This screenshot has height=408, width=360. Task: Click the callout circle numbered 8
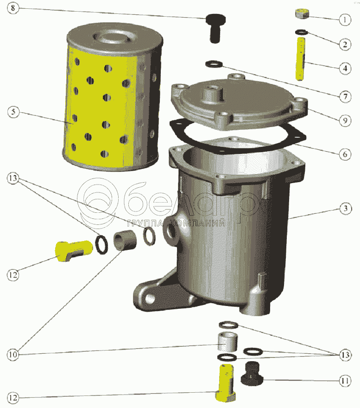click(x=13, y=8)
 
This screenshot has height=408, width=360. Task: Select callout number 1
click(x=345, y=19)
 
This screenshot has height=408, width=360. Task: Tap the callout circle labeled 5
click(x=13, y=112)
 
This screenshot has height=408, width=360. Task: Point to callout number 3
click(x=346, y=209)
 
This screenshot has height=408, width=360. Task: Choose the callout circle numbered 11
click(x=345, y=381)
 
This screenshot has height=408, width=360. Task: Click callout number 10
click(x=13, y=354)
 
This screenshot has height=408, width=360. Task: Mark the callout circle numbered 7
click(x=345, y=96)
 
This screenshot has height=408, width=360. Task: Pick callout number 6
click(x=345, y=154)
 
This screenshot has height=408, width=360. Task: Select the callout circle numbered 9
click(x=345, y=121)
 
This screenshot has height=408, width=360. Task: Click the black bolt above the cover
click(x=215, y=28)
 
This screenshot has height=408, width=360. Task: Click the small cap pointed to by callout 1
click(x=302, y=14)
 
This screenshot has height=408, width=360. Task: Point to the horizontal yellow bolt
click(x=74, y=250)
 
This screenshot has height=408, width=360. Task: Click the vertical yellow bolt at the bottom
click(x=226, y=383)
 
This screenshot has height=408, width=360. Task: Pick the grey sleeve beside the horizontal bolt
click(x=125, y=241)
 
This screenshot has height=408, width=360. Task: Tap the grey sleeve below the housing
click(x=227, y=342)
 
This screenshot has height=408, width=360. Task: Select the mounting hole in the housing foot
click(x=150, y=298)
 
